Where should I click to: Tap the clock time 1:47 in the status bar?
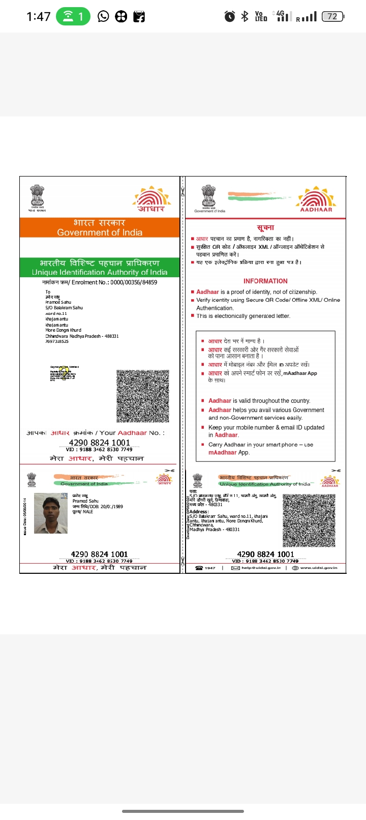(39, 17)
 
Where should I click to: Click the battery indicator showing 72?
(333, 17)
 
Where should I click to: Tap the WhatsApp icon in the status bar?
(103, 17)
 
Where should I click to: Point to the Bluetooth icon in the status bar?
(245, 17)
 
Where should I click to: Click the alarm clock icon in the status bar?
(230, 17)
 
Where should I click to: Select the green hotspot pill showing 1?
(73, 17)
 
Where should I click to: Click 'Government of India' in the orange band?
(100, 232)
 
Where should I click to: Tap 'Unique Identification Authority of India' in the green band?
(100, 272)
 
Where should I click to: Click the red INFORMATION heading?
(265, 281)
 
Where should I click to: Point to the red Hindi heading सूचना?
(265, 227)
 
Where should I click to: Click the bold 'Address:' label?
(199, 512)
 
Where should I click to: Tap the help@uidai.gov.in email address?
(261, 568)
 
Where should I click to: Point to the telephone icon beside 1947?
(199, 568)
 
